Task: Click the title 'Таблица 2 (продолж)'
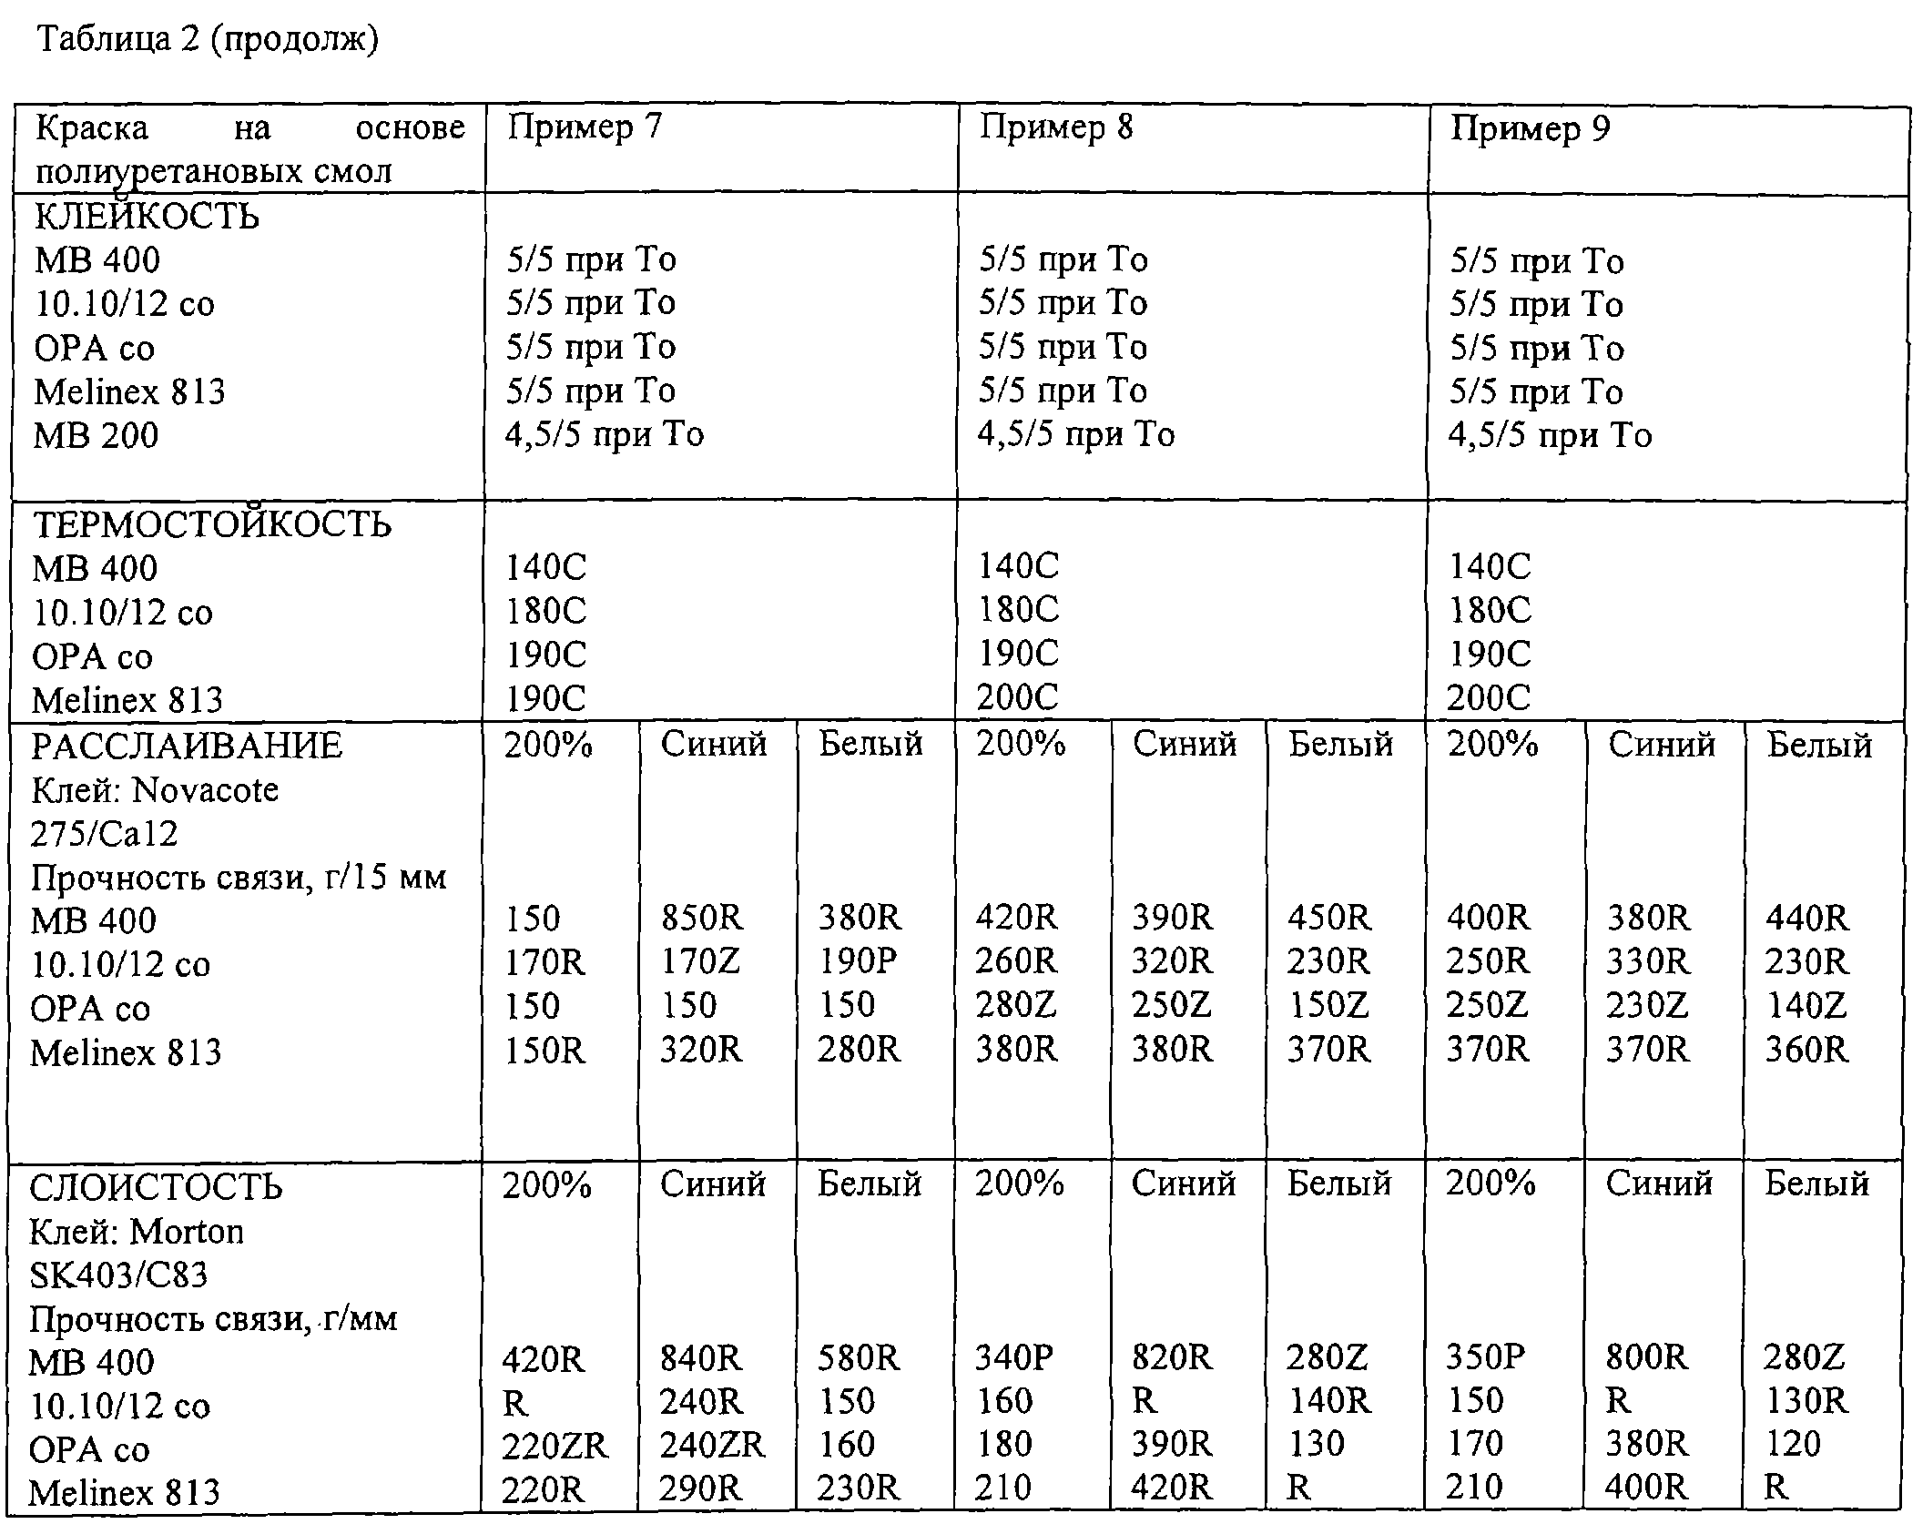tap(207, 40)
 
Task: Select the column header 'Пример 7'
tap(585, 127)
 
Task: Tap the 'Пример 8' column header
tap(1056, 127)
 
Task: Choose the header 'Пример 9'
tap(1530, 129)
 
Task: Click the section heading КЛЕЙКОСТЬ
tap(147, 217)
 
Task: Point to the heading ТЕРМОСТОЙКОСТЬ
tap(212, 525)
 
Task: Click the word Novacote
tap(205, 790)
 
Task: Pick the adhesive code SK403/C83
tap(118, 1275)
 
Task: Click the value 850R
tap(702, 918)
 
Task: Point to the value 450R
tap(1328, 918)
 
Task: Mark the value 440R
tap(1806, 918)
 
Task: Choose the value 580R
tap(858, 1358)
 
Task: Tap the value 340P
tap(1013, 1358)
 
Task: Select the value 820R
tap(1172, 1358)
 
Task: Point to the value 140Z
tap(1806, 1006)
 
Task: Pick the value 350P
tap(1485, 1358)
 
